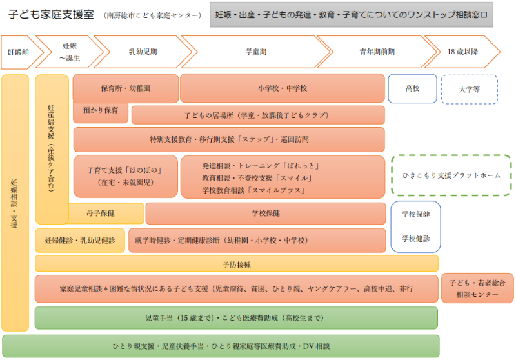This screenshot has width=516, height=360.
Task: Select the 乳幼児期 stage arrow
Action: coord(143,52)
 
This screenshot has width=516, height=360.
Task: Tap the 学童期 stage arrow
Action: coord(256,52)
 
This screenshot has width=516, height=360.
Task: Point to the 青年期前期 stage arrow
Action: coord(377,52)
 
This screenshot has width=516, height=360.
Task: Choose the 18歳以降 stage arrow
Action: coord(462,52)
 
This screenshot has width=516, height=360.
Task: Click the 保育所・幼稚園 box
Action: coord(126,88)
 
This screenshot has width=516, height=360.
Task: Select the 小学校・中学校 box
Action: coord(283,88)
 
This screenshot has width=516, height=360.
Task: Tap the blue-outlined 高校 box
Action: coord(412,88)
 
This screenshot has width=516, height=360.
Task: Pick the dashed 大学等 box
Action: coord(470,90)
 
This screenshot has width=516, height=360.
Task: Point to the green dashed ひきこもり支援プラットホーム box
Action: coord(451,175)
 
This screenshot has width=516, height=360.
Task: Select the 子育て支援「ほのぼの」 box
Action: coord(125,176)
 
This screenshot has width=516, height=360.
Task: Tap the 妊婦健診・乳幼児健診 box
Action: coord(80,241)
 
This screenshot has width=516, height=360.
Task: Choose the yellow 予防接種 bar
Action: coord(237,264)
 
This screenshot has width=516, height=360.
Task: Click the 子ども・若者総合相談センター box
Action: coord(477,288)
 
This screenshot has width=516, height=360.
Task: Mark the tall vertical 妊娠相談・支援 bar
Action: coord(15,203)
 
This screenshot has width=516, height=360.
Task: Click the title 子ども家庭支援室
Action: coord(52,15)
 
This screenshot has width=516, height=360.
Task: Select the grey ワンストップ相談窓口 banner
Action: coord(352,15)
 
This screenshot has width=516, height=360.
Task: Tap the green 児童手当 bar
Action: coord(236,318)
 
